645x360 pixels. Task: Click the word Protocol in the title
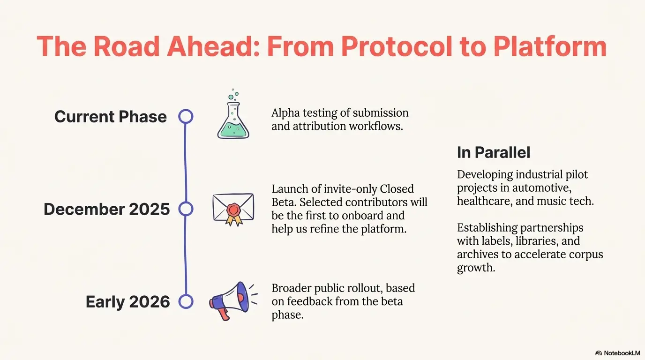[x=397, y=46]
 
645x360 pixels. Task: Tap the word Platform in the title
[x=550, y=46]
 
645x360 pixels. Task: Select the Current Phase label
[x=111, y=117]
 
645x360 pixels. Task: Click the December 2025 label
[x=106, y=209]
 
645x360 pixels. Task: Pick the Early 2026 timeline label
[x=127, y=302]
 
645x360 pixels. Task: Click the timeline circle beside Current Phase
[x=186, y=110]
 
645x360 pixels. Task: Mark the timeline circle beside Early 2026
[x=186, y=295]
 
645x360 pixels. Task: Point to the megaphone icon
[x=233, y=301]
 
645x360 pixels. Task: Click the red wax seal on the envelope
[x=233, y=210]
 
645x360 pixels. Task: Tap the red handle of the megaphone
[x=224, y=313]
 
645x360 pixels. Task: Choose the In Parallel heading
[x=494, y=152]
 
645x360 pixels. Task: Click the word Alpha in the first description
[x=285, y=113]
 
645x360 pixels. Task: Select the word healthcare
[x=485, y=201]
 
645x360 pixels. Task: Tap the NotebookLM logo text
[x=622, y=353]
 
